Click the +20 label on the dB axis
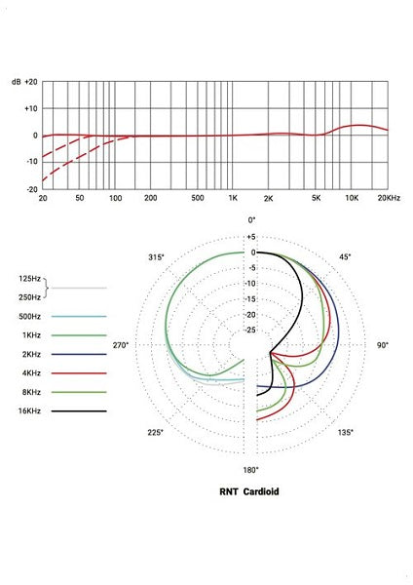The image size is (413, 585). coord(31,82)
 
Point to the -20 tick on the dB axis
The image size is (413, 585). coord(31,189)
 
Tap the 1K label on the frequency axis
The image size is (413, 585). coord(232,198)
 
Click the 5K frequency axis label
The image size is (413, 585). coord(317,198)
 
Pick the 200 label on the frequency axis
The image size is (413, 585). coord(151,198)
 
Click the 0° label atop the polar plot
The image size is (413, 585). coord(252,221)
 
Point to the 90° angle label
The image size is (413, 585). coord(383,346)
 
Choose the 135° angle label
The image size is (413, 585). coord(345,432)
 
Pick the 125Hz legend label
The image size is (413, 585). coord(30,279)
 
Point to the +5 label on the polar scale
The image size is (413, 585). coord(250,237)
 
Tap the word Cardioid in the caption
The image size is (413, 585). coord(263,492)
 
